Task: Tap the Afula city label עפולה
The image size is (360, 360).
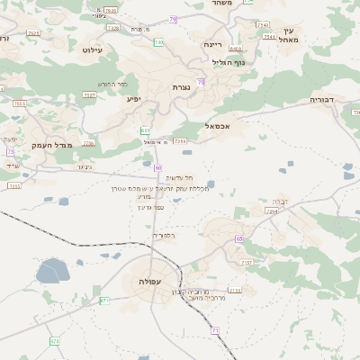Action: (x=150, y=283)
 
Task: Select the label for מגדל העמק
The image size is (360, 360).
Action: (x=52, y=145)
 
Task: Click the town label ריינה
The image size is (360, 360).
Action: (x=212, y=43)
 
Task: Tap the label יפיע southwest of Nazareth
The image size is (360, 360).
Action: (x=134, y=98)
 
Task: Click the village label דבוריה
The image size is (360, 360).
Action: (x=322, y=99)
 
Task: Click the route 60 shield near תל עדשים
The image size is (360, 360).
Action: (x=157, y=167)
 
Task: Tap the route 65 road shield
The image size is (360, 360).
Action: (x=239, y=238)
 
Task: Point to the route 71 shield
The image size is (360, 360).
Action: (x=215, y=330)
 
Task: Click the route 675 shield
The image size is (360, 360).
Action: (x=55, y=341)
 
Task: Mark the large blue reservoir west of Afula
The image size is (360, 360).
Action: (x=52, y=270)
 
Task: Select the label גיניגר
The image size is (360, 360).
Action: (x=85, y=166)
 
